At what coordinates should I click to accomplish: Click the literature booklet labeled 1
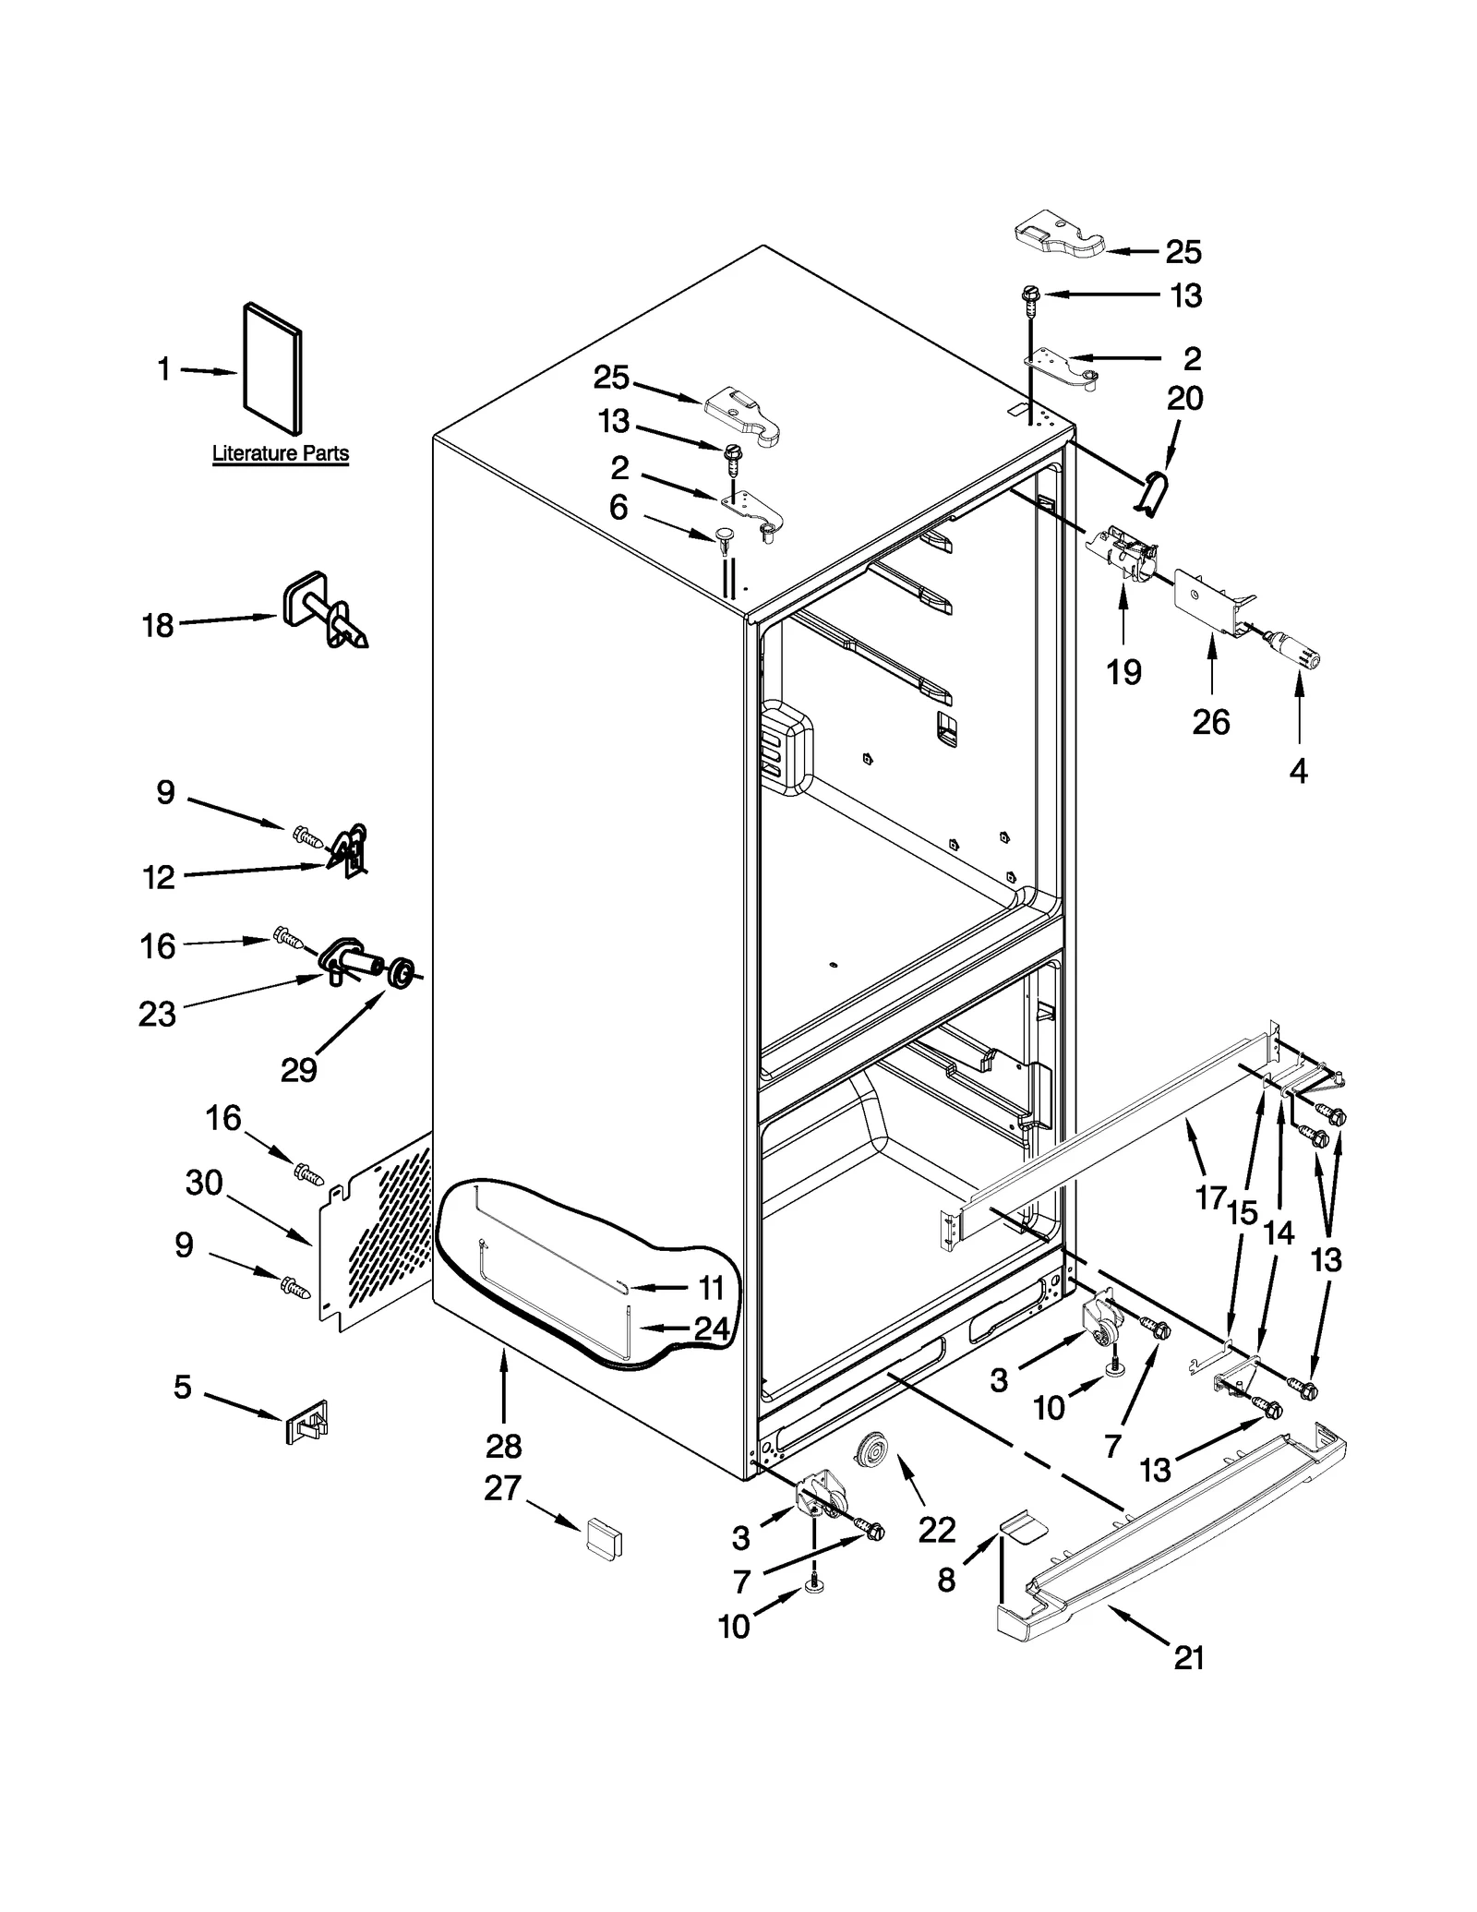point(271,368)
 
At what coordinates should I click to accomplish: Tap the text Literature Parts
point(281,453)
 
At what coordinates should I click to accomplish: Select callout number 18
point(158,626)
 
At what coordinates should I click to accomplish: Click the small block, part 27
point(604,1537)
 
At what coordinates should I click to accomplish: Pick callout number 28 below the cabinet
point(503,1445)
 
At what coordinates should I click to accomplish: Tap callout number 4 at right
point(1298,771)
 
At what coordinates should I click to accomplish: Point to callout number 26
point(1210,722)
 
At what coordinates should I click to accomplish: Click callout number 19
point(1123,672)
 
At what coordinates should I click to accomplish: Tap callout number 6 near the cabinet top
point(618,507)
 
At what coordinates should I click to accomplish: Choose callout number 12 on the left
point(159,877)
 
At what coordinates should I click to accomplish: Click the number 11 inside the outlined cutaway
point(711,1287)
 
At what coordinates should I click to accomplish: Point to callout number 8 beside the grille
point(946,1580)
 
